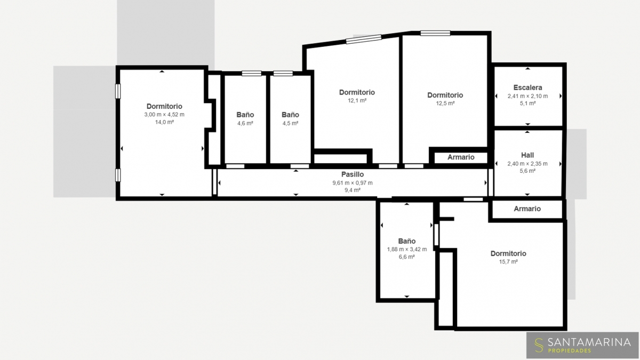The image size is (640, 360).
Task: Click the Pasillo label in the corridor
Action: point(353,174)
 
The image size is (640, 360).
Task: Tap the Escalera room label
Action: point(527,87)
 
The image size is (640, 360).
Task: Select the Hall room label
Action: point(527,155)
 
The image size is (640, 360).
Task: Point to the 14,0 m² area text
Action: point(164,122)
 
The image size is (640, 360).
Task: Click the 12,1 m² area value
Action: point(357,101)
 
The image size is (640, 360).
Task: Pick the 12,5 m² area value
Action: point(445,103)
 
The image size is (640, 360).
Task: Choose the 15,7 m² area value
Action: point(508,262)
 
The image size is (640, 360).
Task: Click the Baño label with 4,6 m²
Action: point(245,115)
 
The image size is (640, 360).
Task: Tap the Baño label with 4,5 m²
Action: point(290,115)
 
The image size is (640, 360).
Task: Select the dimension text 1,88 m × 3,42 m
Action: point(407,250)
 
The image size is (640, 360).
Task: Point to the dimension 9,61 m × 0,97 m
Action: point(353,183)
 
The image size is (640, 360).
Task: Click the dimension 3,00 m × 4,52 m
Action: point(164,115)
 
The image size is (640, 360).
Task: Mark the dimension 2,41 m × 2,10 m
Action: point(527,97)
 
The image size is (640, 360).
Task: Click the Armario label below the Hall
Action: point(527,209)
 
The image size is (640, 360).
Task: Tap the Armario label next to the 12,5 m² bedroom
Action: point(461,157)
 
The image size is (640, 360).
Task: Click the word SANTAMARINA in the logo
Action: point(589,342)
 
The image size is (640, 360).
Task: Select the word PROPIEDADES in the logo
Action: point(570,350)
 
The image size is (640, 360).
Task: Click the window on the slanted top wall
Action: point(364,39)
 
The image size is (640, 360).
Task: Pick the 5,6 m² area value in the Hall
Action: point(527,171)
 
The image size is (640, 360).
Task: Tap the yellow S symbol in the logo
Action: point(539,345)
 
